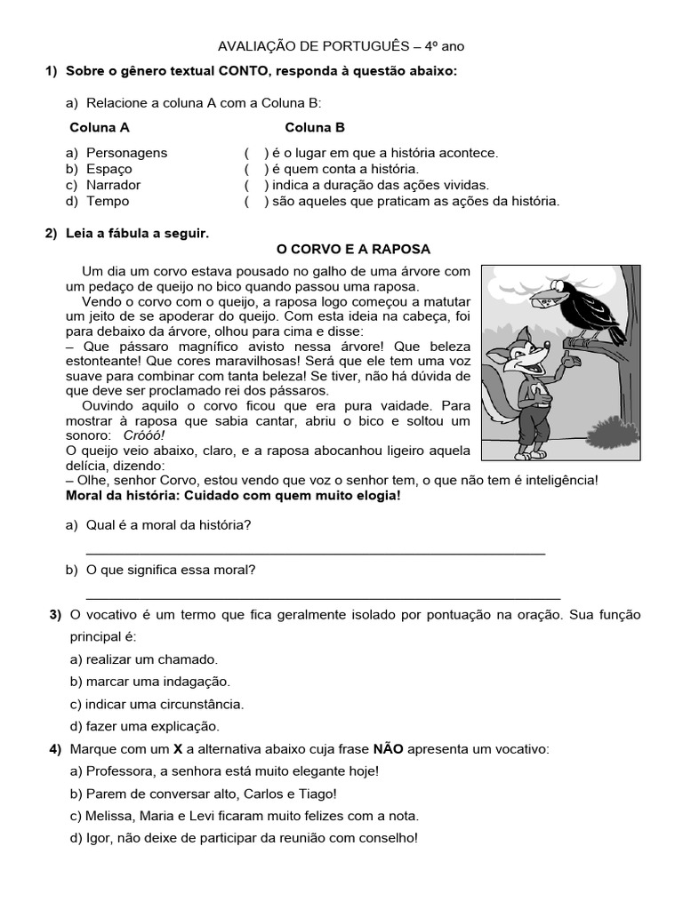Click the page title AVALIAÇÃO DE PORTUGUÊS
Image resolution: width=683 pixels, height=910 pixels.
pos(341,45)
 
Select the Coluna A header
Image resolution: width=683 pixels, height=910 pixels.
pos(100,127)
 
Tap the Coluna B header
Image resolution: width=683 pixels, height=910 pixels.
pos(315,127)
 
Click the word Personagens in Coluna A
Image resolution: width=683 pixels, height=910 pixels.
pos(126,153)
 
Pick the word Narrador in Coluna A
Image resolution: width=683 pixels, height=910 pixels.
pos(113,185)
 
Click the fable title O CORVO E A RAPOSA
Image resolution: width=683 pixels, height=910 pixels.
pos(354,249)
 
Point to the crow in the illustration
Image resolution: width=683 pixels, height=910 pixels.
pos(587,307)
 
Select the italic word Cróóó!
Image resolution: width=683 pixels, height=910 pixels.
pos(144,435)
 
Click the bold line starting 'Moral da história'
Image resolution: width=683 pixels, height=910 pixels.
pos(233,495)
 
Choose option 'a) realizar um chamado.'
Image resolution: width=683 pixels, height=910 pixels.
pos(143,659)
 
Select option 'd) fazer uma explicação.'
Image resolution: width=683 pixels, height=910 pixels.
pos(144,726)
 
